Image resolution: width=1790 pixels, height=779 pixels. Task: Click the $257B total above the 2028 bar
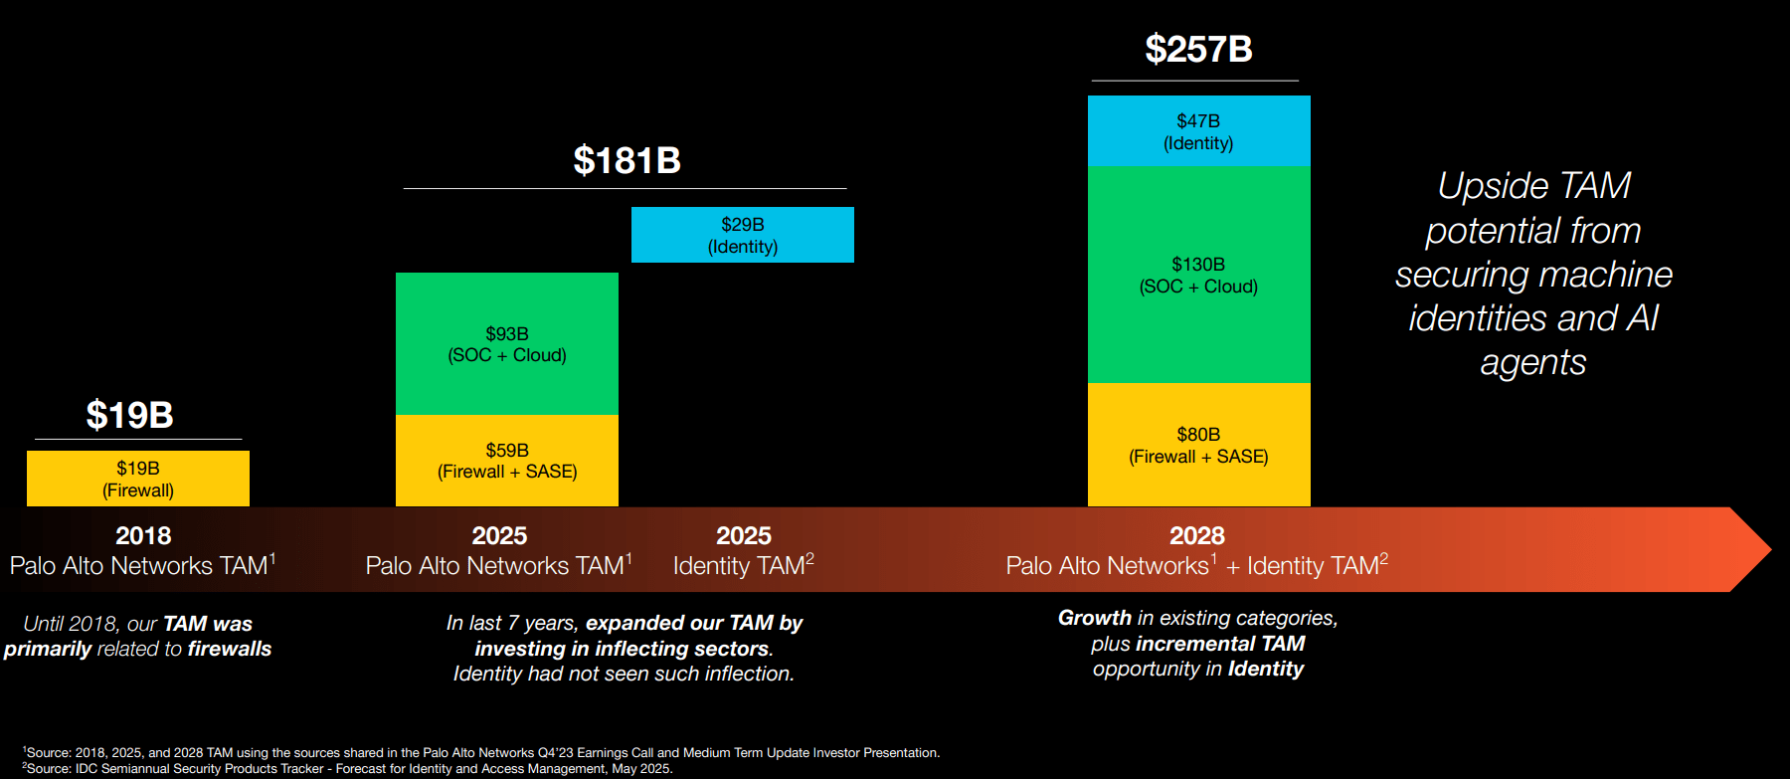point(1198,49)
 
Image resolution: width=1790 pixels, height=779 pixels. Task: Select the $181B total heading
point(626,160)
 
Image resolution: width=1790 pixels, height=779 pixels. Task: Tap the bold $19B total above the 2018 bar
point(129,415)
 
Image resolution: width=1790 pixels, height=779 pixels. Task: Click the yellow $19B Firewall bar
point(138,479)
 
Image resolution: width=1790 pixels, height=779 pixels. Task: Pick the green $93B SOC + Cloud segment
point(507,344)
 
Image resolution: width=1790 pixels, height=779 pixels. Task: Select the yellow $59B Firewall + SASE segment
point(507,461)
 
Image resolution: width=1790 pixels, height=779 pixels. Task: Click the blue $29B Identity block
point(743,235)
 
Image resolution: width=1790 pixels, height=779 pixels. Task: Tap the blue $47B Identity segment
point(1198,131)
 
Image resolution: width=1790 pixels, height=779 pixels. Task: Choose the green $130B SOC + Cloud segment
point(1198,275)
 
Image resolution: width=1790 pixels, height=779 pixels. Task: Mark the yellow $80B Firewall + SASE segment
point(1198,445)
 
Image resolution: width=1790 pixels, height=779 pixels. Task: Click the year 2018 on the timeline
point(143,535)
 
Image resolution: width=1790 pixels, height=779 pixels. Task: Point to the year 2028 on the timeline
point(1197,535)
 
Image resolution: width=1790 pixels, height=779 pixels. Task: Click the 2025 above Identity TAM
point(744,535)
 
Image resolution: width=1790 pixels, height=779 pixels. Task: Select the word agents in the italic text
point(1532,363)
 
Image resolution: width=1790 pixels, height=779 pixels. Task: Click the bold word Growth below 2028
point(1094,618)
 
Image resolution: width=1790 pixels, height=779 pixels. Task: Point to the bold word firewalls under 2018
point(230,649)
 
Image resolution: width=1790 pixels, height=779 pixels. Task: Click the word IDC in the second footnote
point(88,768)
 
